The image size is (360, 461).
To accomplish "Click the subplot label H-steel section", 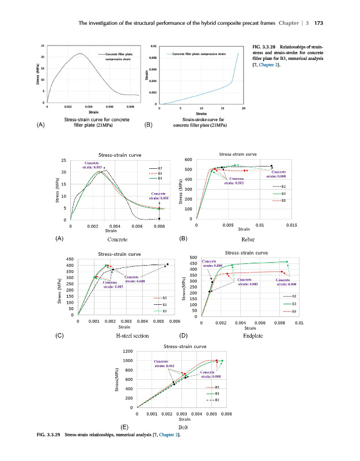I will [x=132, y=335].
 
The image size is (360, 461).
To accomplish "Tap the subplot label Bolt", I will [x=183, y=428].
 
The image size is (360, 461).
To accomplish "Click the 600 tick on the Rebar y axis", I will [x=188, y=160].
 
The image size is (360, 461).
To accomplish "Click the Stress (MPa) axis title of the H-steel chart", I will [x=58, y=286].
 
